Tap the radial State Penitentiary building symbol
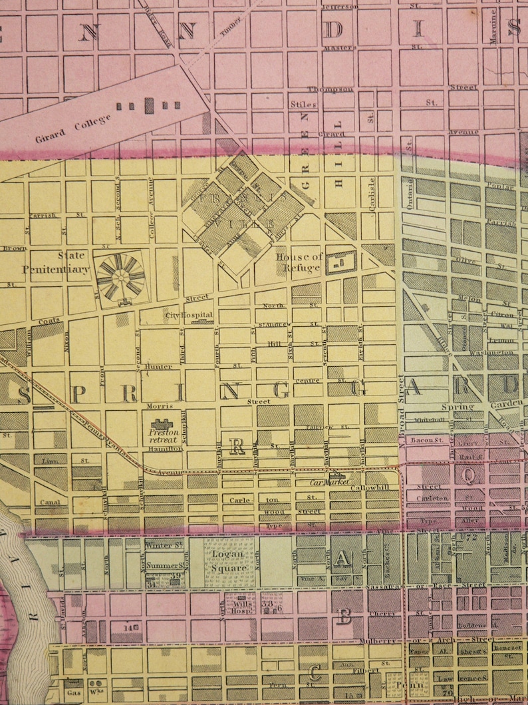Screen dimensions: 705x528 click(120, 276)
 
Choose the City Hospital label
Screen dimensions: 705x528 click(189, 315)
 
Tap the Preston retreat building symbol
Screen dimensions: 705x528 click(160, 423)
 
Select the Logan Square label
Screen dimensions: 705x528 click(229, 560)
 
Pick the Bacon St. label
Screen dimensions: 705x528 click(426, 440)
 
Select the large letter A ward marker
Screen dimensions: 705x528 click(342, 560)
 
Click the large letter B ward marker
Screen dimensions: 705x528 click(344, 616)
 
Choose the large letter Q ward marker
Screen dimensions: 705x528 click(469, 475)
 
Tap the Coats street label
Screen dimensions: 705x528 click(49, 322)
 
